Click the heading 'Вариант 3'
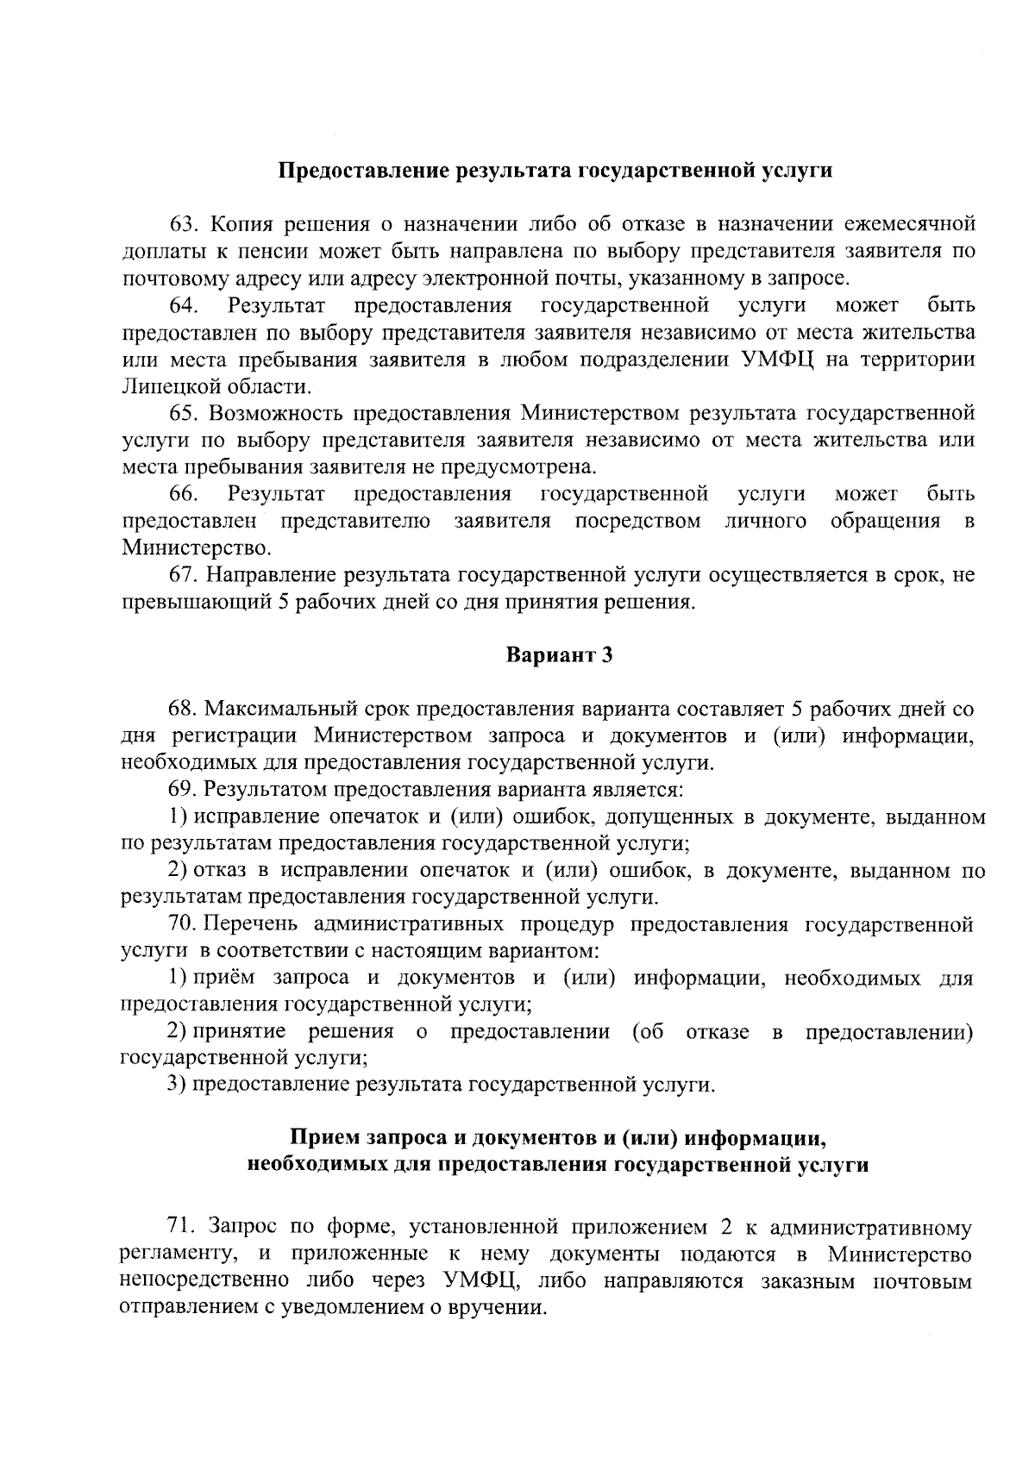pyautogui.click(x=558, y=655)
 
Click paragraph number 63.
pyautogui.click(x=184, y=225)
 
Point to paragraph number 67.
pyautogui.click(x=184, y=575)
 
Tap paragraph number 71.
pyautogui.click(x=183, y=1227)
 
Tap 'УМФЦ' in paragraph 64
pyautogui.click(x=776, y=360)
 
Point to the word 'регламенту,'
pyautogui.click(x=169, y=1254)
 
